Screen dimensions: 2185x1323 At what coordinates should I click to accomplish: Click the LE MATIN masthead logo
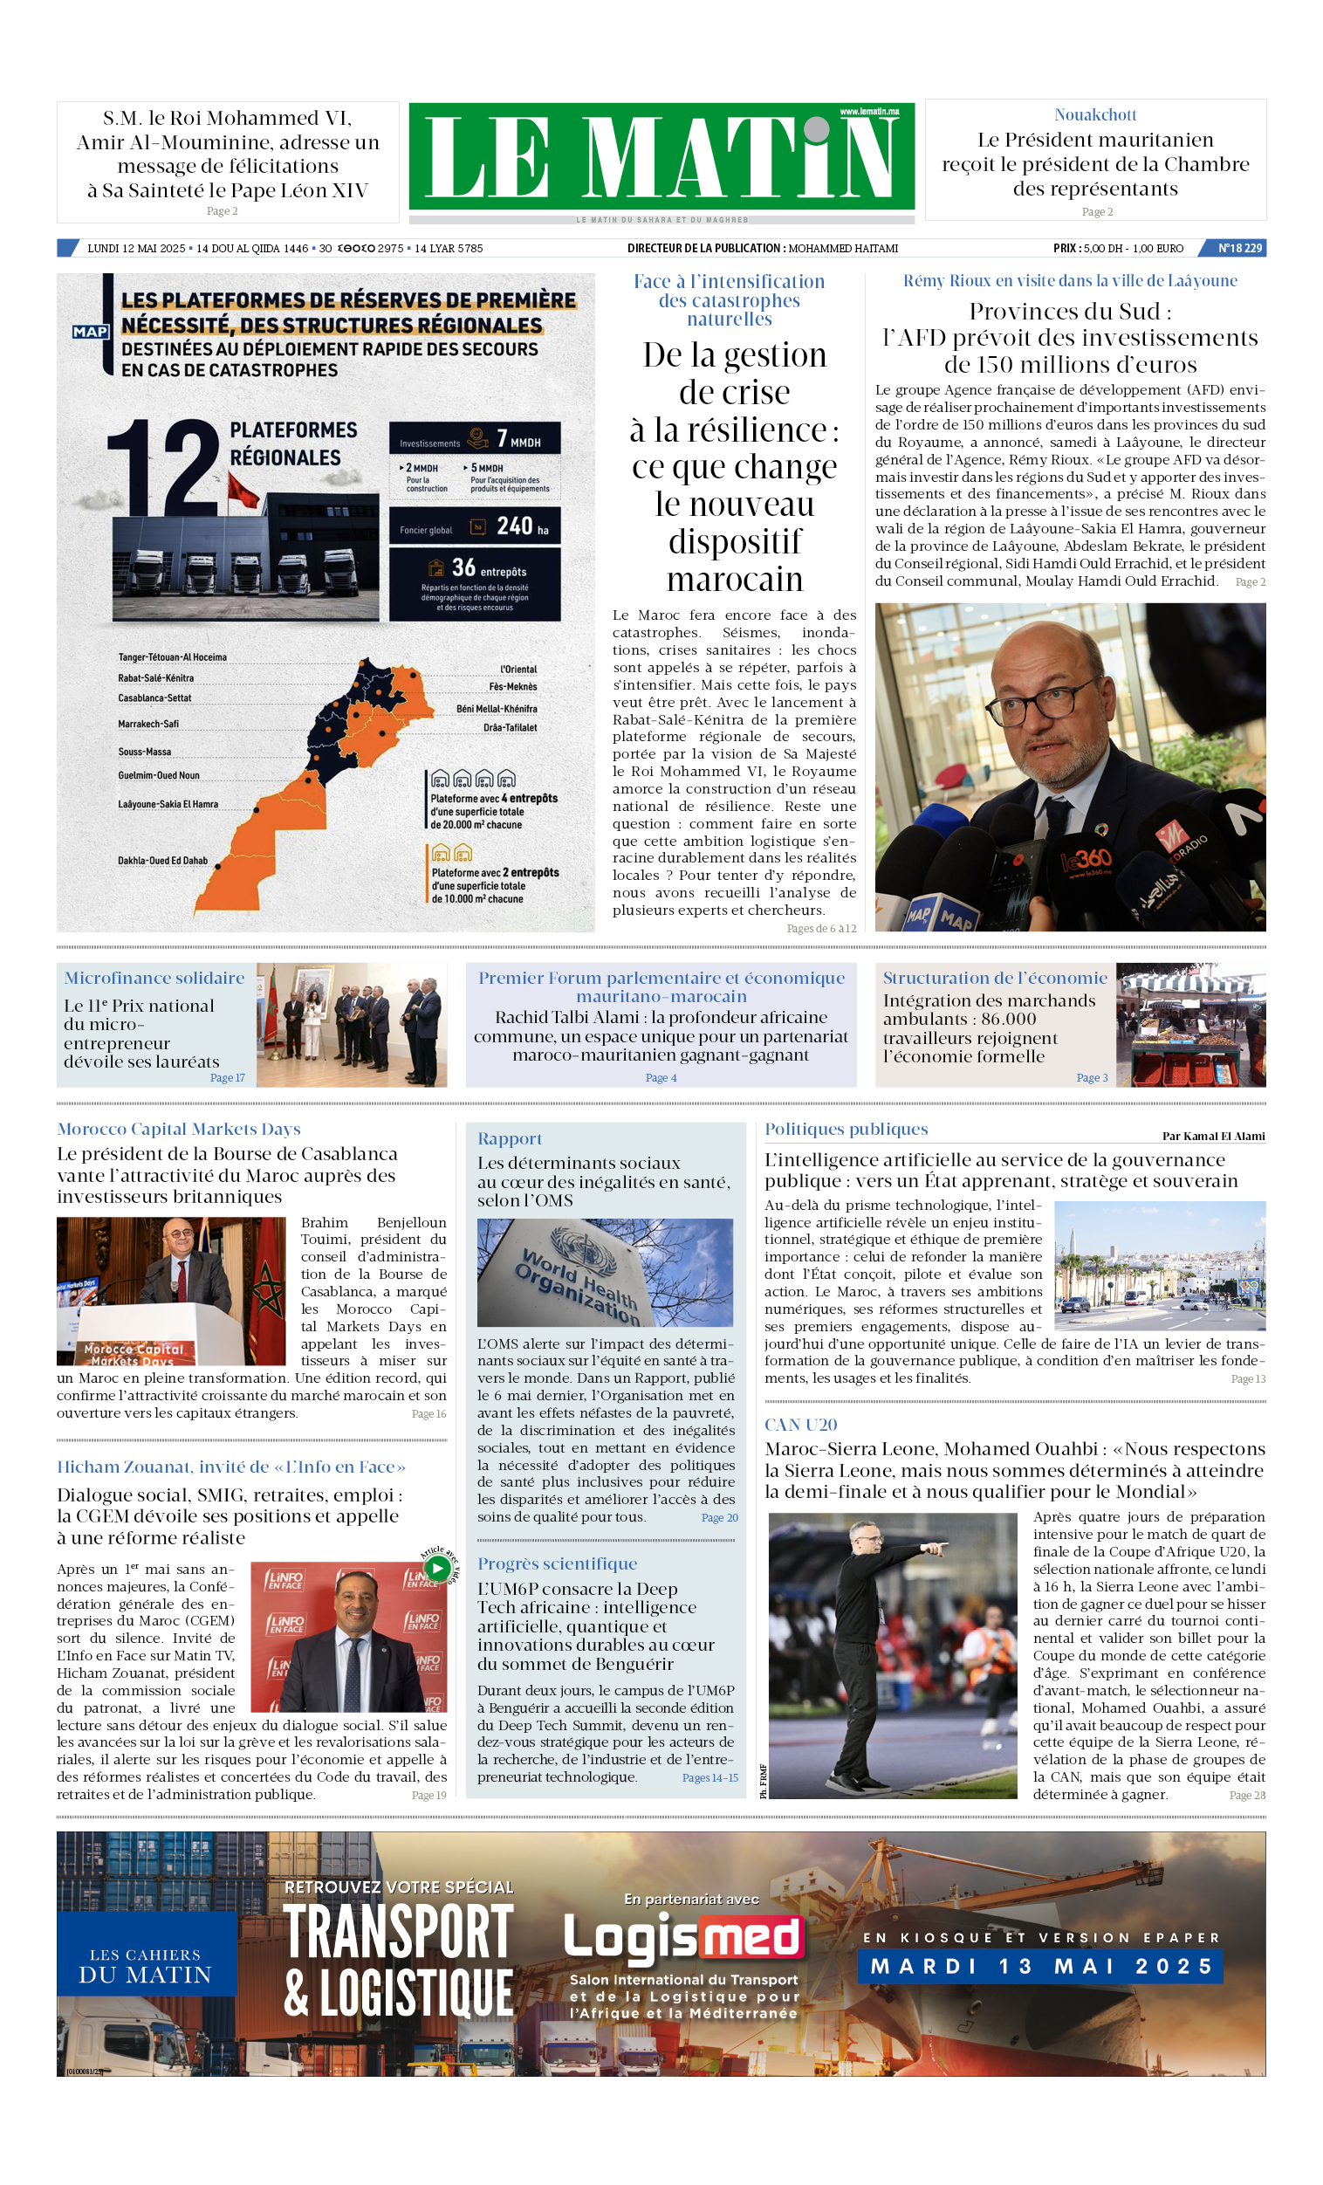pyautogui.click(x=661, y=158)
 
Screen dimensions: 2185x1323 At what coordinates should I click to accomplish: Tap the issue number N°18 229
pyautogui.click(x=1238, y=248)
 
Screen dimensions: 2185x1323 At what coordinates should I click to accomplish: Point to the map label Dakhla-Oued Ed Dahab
pyautogui.click(x=162, y=860)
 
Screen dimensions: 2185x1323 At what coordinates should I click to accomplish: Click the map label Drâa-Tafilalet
pyautogui.click(x=510, y=727)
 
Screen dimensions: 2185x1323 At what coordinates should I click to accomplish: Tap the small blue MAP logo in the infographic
pyautogui.click(x=91, y=332)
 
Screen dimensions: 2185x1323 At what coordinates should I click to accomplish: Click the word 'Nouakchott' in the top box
pyautogui.click(x=1094, y=114)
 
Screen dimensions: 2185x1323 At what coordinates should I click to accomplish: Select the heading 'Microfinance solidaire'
pyautogui.click(x=154, y=977)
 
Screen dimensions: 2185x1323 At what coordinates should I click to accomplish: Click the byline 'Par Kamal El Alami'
pyautogui.click(x=1213, y=1136)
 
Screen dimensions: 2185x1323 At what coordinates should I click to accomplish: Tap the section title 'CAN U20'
pyautogui.click(x=801, y=1424)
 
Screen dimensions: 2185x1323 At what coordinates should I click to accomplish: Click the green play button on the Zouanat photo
pyautogui.click(x=437, y=1567)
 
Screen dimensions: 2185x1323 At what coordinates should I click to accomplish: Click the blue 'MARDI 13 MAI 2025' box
pyautogui.click(x=1040, y=1966)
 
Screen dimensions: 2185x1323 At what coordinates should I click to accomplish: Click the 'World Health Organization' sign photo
pyautogui.click(x=605, y=1272)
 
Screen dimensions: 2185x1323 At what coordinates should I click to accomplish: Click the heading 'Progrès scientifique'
pyautogui.click(x=557, y=1563)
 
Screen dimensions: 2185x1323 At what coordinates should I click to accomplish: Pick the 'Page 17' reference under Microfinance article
pyautogui.click(x=227, y=1077)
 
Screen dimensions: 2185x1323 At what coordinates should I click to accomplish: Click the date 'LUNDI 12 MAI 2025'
pyautogui.click(x=136, y=248)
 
